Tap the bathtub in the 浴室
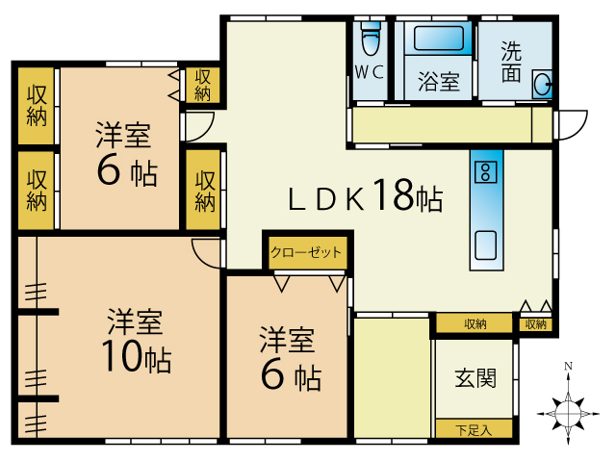439,38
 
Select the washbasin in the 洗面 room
543,85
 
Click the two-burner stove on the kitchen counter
486,172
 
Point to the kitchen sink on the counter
486,245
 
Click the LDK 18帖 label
366,195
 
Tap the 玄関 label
475,378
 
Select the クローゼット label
306,252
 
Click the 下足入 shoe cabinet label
474,430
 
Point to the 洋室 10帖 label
136,340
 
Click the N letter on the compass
568,366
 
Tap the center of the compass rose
568,413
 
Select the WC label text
370,72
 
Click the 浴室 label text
439,82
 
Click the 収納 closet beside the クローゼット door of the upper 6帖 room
203,86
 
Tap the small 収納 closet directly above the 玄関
535,324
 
